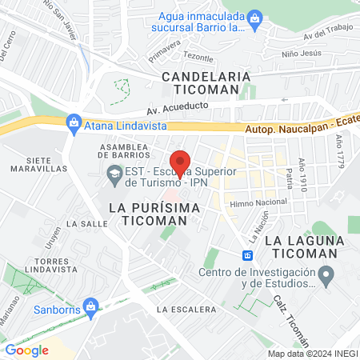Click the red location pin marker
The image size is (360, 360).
click(x=181, y=163)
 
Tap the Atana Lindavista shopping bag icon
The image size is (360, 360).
click(x=74, y=122)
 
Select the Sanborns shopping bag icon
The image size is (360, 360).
click(x=91, y=305)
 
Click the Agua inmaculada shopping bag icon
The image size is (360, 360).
click(x=255, y=16)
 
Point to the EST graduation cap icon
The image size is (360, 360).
click(x=114, y=172)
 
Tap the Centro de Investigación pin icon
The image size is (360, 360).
click(x=326, y=276)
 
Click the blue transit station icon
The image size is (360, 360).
click(x=248, y=255)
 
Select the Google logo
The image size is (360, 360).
click(x=27, y=350)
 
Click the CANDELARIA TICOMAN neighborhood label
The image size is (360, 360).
click(x=206, y=82)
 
